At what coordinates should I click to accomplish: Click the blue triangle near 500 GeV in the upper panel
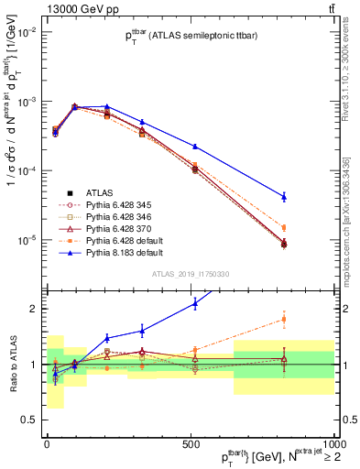point(195,147)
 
